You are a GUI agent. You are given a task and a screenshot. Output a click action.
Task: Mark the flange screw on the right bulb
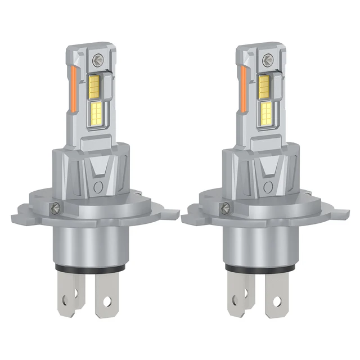point(225,208)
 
